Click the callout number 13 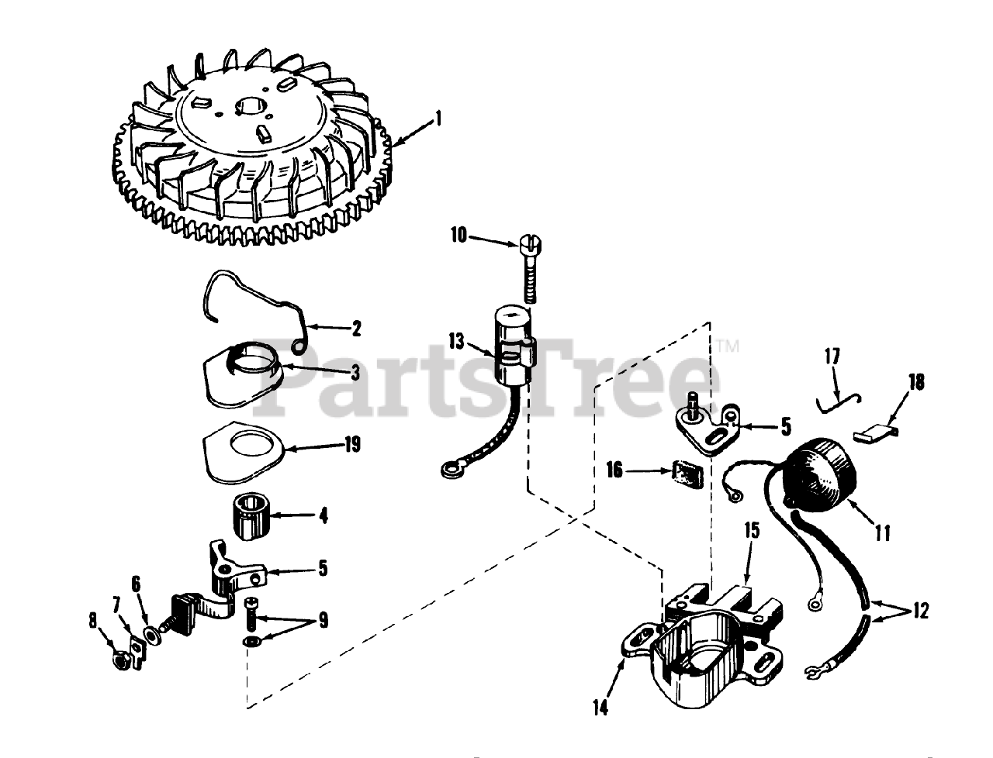pos(456,342)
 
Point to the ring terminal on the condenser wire pos(451,471)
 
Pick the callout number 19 pos(352,445)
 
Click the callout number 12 pos(920,611)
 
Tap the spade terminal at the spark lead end pos(812,673)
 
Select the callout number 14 pos(600,708)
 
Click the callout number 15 pos(752,531)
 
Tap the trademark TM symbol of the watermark pos(728,346)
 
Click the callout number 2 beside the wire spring pos(357,329)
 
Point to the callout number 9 pos(323,620)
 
